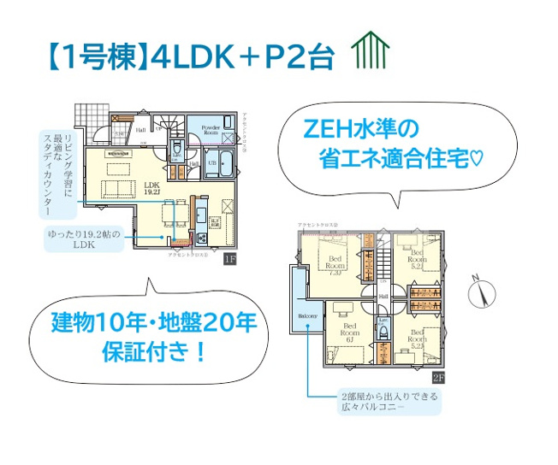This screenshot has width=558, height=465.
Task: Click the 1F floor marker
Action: click(x=229, y=258)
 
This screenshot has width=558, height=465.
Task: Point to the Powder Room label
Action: click(x=211, y=130)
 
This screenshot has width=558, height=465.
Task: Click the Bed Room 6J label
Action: click(x=351, y=332)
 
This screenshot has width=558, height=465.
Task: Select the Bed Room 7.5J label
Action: click(x=333, y=267)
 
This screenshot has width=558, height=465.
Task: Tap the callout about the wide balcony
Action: click(x=388, y=403)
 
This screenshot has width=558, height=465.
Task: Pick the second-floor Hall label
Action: click(x=383, y=296)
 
